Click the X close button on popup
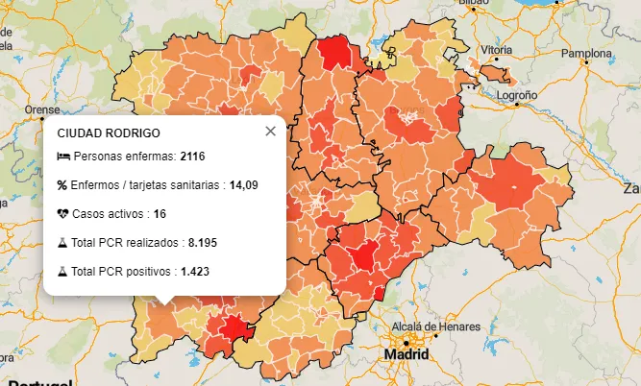click(270, 132)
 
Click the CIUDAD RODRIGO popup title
click(109, 133)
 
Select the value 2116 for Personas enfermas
click(192, 157)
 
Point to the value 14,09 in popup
click(244, 184)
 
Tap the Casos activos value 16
click(160, 213)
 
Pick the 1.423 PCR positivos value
click(195, 272)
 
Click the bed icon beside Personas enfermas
click(62, 157)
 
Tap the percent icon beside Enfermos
click(62, 184)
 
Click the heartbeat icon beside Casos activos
click(62, 213)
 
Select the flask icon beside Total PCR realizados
click(62, 243)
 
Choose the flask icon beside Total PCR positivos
click(62, 272)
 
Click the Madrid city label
click(406, 354)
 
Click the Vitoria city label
click(496, 49)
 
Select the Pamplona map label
click(586, 53)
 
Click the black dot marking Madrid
click(407, 342)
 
